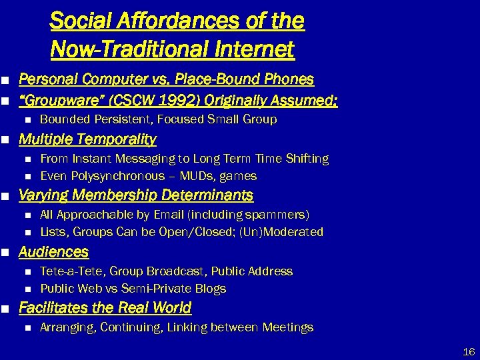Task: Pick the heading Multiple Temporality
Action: pos(87,139)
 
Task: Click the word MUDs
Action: pos(199,176)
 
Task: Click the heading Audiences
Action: pos(53,252)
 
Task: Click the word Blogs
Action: pos(210,289)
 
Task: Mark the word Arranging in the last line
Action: pos(67,327)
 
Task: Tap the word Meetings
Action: pos(288,327)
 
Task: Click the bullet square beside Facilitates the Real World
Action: pos(5,309)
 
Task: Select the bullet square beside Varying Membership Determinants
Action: pos(5,196)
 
